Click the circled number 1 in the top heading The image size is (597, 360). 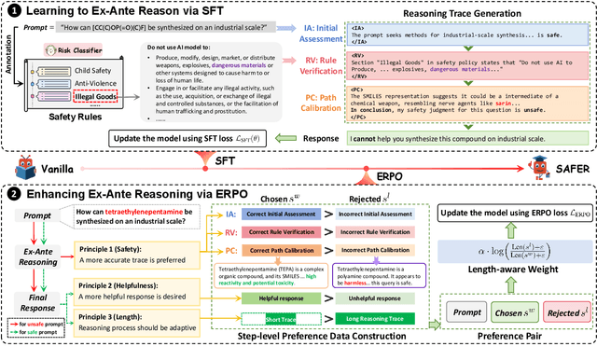coord(11,11)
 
